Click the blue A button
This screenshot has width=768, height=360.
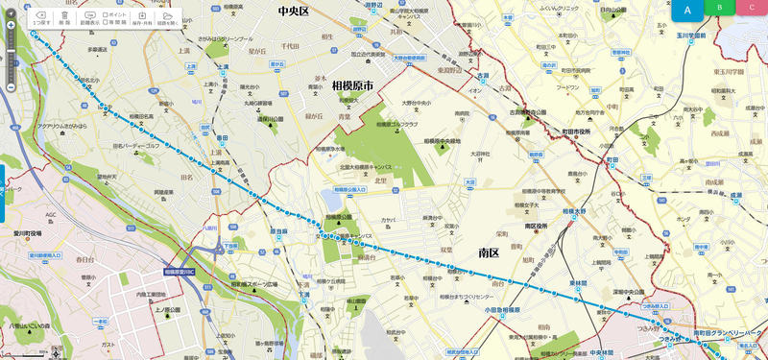click(x=687, y=10)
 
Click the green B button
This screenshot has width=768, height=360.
click(x=719, y=7)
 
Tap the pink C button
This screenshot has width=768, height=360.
click(x=752, y=7)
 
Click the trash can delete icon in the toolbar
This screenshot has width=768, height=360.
click(x=65, y=16)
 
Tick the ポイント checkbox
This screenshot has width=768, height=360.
click(x=106, y=15)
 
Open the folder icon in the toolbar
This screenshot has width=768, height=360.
click(x=167, y=16)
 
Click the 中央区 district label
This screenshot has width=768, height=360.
click(x=292, y=12)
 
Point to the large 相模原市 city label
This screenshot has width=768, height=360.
click(x=351, y=85)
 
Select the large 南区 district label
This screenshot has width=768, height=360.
click(x=489, y=252)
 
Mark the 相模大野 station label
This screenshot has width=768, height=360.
click(x=574, y=211)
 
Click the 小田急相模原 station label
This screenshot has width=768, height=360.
click(x=501, y=310)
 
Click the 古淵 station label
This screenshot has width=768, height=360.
click(x=481, y=75)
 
